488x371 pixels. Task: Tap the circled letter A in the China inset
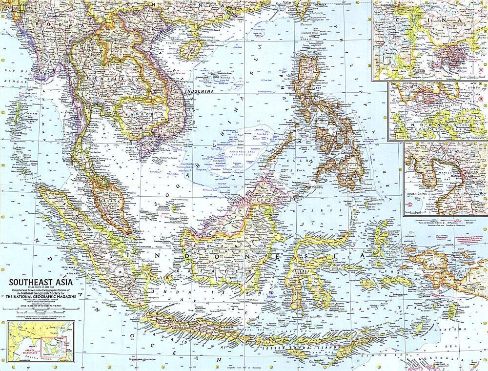tap(481, 70)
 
